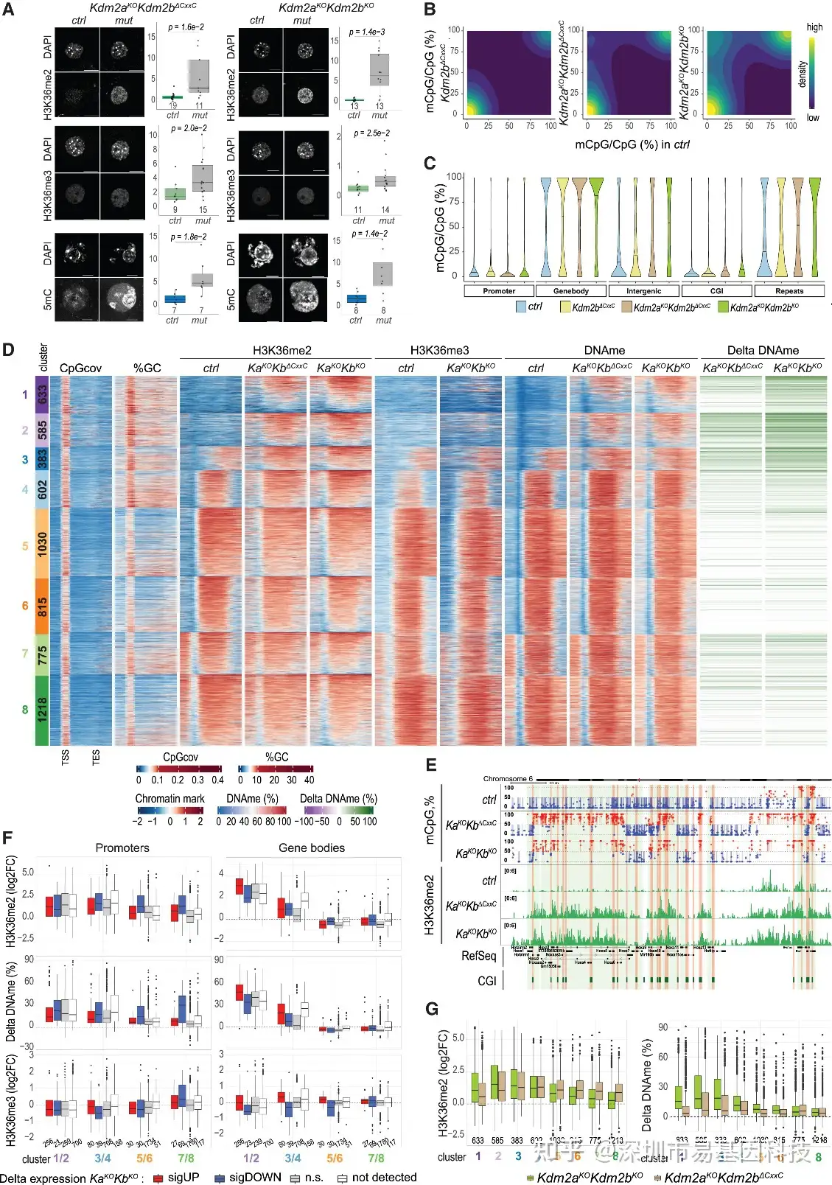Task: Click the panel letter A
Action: pos(8,10)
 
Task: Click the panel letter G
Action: pos(432,1009)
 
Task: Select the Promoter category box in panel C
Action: pos(499,291)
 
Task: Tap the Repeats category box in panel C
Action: pos(789,291)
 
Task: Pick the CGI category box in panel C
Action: pos(716,291)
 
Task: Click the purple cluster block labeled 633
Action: pos(42,394)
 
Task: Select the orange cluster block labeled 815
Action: pos(42,606)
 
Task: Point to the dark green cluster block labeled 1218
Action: pos(42,710)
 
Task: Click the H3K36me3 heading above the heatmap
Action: pos(439,351)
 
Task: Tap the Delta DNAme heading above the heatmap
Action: pos(763,351)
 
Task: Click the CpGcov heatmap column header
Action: pos(80,368)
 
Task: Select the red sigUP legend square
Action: pos(158,1178)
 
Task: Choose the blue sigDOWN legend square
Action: pos(219,1178)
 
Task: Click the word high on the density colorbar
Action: pos(814,27)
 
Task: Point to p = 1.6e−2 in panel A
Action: pos(186,27)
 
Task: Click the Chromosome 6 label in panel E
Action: pos(508,779)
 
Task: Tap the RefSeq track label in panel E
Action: pos(478,956)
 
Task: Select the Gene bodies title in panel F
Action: pos(311,848)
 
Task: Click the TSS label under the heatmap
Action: pos(66,758)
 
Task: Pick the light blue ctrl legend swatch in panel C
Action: pos(521,307)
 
